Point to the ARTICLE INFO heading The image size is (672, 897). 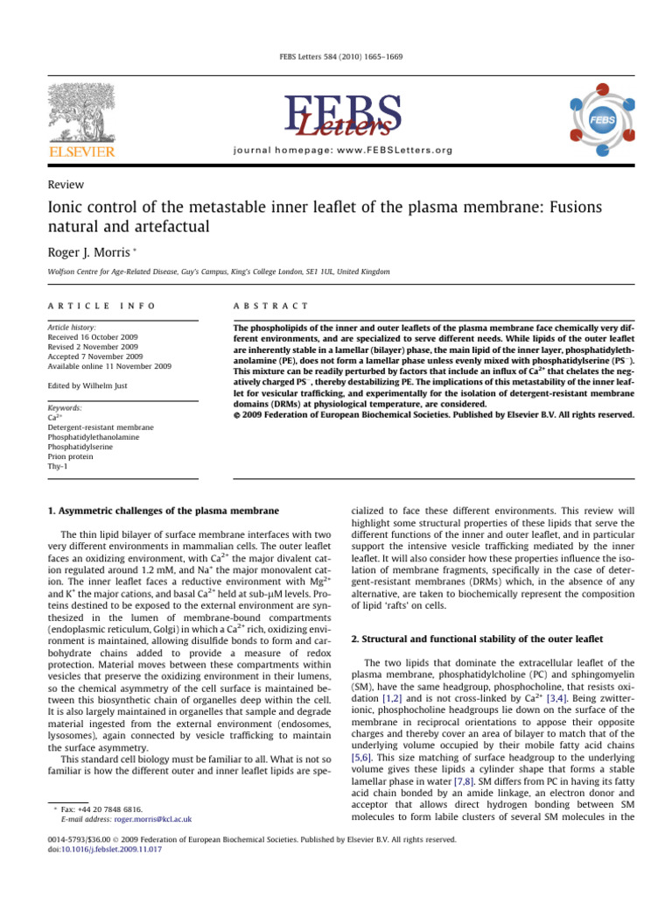[101, 305]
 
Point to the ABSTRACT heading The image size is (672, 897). [269, 305]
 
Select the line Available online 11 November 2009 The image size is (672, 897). [108, 367]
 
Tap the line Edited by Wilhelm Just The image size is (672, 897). [90, 386]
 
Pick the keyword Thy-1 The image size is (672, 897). [58, 469]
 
